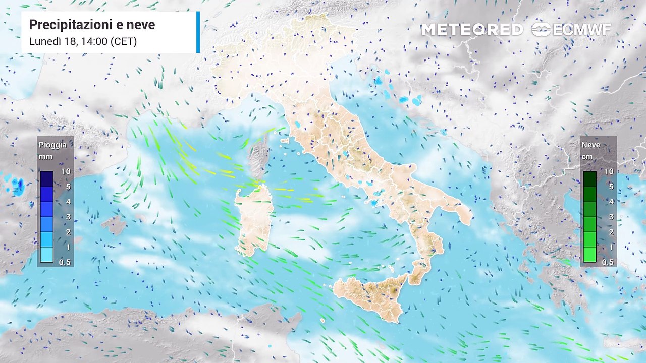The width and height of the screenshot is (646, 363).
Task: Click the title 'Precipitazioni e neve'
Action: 92,25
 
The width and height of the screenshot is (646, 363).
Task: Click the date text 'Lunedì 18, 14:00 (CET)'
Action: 83,41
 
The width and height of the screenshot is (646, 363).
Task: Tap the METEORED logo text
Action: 472,30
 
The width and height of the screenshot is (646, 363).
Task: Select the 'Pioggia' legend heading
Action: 52,145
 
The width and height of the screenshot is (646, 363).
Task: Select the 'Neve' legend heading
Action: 591,145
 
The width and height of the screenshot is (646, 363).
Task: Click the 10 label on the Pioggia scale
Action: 66,171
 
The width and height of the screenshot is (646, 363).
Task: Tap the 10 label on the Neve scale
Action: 609,171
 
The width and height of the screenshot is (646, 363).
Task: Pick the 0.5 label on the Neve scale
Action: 608,262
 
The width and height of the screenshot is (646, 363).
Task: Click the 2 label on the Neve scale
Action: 610,232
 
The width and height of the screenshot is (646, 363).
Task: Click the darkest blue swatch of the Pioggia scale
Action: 47,178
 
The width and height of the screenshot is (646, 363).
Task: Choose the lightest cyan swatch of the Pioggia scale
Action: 47,255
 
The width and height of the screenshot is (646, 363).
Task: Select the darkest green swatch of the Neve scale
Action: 589,178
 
